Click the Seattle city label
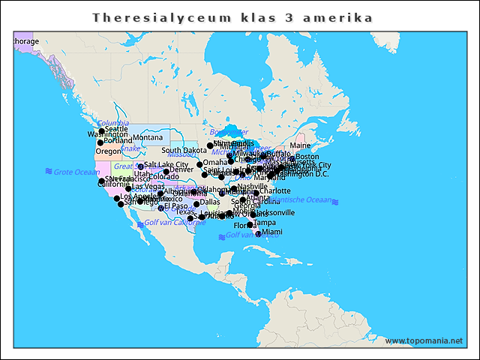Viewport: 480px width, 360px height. click(116, 130)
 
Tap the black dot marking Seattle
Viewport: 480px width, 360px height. click(101, 132)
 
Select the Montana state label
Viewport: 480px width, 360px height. click(148, 137)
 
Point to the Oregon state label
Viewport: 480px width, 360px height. click(108, 151)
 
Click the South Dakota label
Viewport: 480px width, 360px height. click(184, 151)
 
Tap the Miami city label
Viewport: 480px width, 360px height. click(272, 232)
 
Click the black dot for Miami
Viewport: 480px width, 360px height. click(258, 234)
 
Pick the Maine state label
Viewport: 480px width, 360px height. click(300, 145)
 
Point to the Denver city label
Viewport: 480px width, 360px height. click(181, 169)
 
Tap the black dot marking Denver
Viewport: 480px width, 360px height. click(166, 172)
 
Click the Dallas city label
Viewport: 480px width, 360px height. click(210, 202)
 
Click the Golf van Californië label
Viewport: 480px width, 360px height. click(174, 223)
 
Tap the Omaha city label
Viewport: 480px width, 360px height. click(215, 162)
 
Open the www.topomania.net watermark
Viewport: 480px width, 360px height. click(424, 340)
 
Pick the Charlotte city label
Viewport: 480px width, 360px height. click(274, 190)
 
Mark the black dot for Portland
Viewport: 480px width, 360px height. click(100, 142)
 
